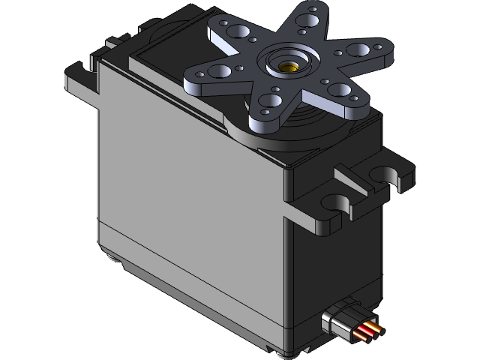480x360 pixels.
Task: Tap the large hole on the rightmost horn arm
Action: click(x=358, y=50)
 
